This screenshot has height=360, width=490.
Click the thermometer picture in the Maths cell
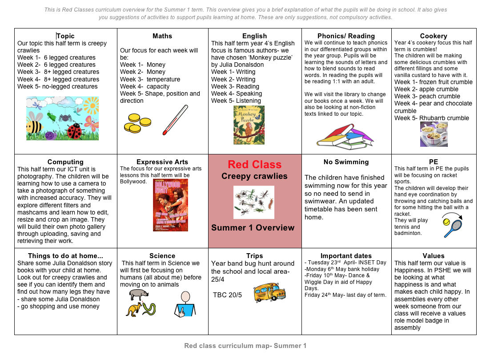pyautogui.click(x=175, y=120)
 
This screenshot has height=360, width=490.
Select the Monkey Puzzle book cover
pyautogui.click(x=249, y=125)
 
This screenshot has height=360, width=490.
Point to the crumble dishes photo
pyautogui.click(x=434, y=134)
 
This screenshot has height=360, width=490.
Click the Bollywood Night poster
pyautogui.click(x=170, y=205)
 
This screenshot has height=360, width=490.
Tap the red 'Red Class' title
pyautogui.click(x=254, y=165)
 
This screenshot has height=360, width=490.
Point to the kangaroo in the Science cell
pyautogui.click(x=134, y=309)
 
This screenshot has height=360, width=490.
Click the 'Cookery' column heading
pyautogui.click(x=434, y=36)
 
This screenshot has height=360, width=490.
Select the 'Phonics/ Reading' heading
pyautogui.click(x=346, y=36)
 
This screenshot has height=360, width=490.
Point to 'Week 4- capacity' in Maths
pyautogui.click(x=145, y=86)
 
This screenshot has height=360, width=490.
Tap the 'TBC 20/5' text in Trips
pyautogui.click(x=227, y=295)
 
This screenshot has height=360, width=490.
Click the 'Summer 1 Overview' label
pyautogui.click(x=253, y=228)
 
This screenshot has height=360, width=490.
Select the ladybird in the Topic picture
pyautogui.click(x=75, y=130)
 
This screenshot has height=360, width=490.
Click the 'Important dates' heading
pyautogui.click(x=346, y=256)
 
